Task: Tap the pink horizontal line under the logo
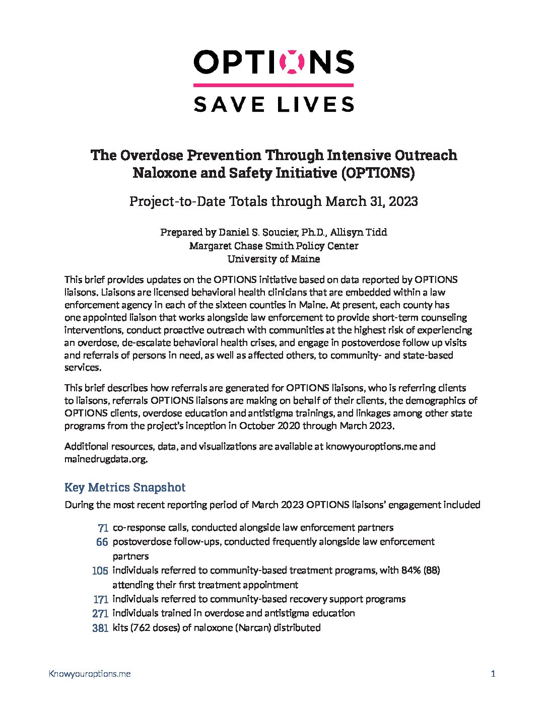[x=273, y=85]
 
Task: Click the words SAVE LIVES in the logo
[x=273, y=104]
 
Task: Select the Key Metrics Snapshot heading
[x=125, y=487]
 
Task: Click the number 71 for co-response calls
[x=103, y=528]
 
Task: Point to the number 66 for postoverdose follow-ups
[x=102, y=542]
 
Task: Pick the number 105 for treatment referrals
[x=100, y=571]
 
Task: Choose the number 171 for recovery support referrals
[x=101, y=600]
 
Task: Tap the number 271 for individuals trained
[x=100, y=614]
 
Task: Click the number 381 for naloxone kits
[x=100, y=628]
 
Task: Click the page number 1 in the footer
[x=493, y=674]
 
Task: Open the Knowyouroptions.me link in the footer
[x=90, y=674]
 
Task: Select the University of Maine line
[x=273, y=259]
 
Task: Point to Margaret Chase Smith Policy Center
[x=273, y=246]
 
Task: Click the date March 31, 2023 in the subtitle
[x=371, y=201]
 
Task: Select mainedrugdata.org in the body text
[x=105, y=459]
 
